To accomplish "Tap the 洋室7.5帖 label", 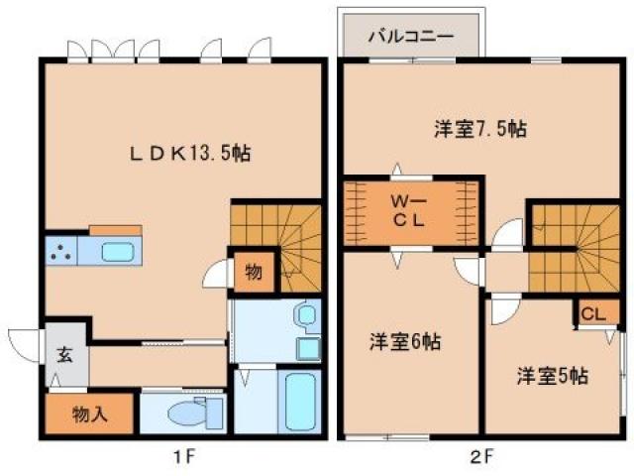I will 479,128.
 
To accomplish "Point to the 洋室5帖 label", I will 552,376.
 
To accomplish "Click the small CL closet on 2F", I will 592,314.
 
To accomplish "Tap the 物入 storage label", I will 88,414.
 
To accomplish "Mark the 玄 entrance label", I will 63,355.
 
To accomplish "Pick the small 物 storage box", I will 254,273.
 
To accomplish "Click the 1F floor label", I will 182,457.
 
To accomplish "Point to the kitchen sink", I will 116,251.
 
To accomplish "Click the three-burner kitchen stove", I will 62,252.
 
